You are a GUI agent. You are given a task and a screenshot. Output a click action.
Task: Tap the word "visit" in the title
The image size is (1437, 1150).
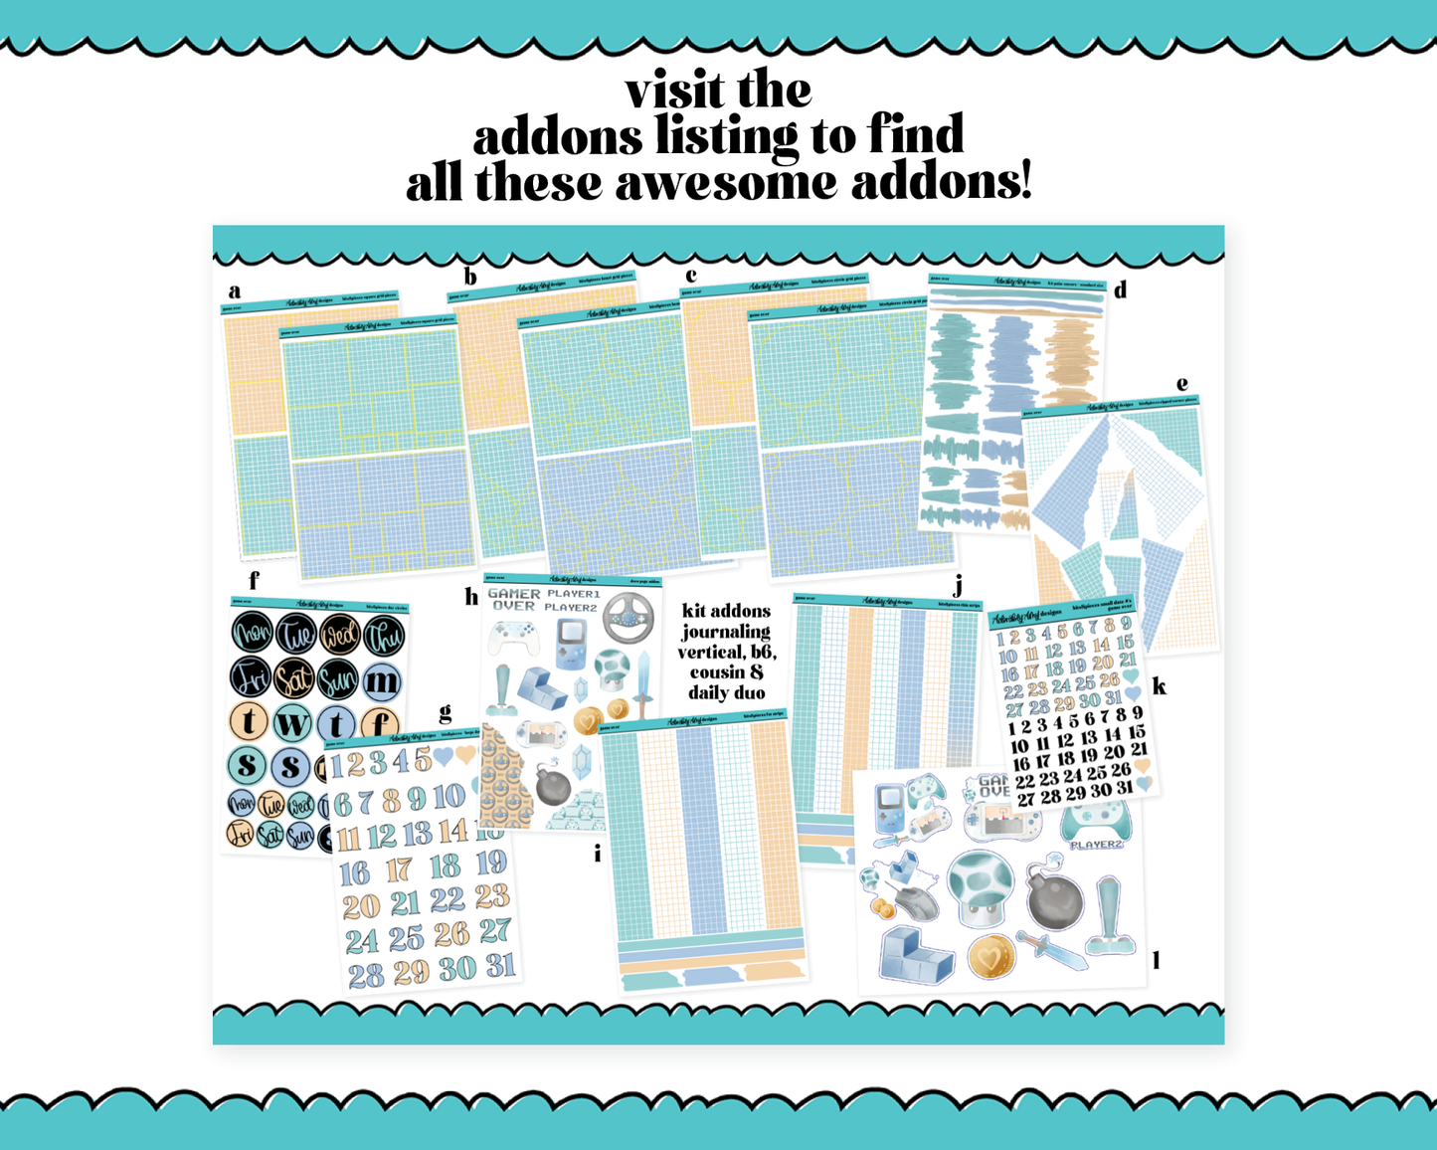point(673,91)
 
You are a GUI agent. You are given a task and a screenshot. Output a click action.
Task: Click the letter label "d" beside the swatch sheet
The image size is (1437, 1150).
point(1121,290)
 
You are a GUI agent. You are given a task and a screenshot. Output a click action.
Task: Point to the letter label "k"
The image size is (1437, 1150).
point(1159,685)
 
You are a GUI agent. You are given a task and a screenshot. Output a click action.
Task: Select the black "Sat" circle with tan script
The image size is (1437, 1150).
point(293,678)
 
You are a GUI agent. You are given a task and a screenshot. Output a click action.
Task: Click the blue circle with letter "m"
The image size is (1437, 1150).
point(382,681)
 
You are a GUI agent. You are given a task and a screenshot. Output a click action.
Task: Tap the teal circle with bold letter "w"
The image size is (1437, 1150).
point(292,723)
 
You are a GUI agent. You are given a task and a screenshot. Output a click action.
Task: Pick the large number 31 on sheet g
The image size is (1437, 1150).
point(500,964)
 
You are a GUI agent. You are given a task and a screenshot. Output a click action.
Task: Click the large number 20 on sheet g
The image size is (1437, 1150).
point(360,906)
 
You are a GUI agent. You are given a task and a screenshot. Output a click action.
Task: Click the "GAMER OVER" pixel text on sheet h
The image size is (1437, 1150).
point(513,599)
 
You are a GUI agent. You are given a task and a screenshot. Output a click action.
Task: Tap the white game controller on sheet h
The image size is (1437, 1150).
point(513,638)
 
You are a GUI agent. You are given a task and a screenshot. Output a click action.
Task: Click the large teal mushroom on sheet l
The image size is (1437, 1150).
point(981,886)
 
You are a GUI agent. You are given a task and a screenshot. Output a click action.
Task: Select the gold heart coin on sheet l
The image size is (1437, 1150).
point(989,957)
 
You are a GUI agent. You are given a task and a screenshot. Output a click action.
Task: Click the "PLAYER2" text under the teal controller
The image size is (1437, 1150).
point(1095,845)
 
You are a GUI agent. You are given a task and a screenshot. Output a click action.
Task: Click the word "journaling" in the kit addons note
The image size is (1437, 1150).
point(726,632)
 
